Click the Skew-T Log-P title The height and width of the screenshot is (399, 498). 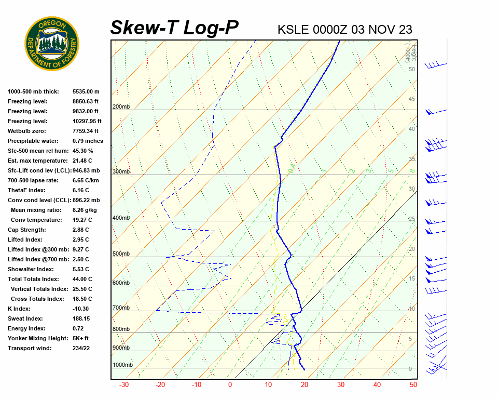point(174,28)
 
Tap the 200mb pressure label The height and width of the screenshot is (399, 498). point(121,107)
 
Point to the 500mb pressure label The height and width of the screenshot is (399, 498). point(121,254)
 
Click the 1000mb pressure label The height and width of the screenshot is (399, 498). point(122,365)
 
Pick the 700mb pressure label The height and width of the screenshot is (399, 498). point(121,308)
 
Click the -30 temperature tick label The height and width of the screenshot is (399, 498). point(124,385)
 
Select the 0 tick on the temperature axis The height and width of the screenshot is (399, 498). point(230,385)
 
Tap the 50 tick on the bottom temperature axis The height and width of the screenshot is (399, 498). point(413,385)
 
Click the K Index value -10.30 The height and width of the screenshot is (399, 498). point(82,309)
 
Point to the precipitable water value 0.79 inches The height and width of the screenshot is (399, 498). point(88,141)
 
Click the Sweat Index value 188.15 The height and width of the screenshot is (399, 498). point(82,318)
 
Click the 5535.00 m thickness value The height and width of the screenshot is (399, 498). point(86,91)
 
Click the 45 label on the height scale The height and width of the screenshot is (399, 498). point(412,99)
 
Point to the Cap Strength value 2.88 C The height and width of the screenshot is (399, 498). point(80,230)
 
